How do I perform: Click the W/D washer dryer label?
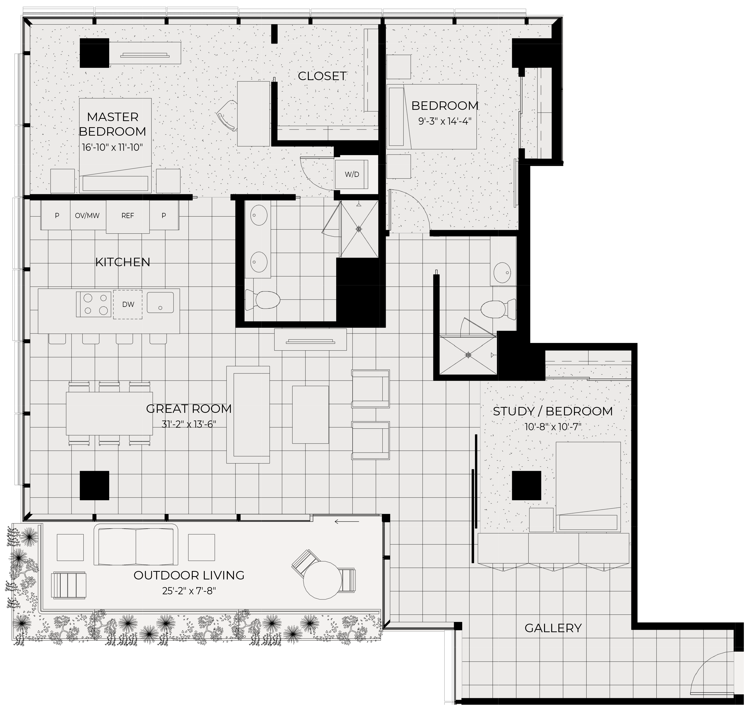click(x=352, y=175)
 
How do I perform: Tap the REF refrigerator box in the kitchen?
click(x=128, y=216)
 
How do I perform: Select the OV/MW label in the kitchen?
click(x=87, y=216)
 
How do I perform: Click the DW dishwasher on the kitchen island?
click(x=128, y=304)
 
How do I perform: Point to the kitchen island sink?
click(x=160, y=303)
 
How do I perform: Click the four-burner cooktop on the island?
click(x=94, y=304)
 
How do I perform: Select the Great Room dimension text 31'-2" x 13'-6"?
click(x=189, y=424)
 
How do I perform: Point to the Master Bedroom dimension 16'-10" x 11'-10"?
click(x=112, y=147)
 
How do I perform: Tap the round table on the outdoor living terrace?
click(x=322, y=580)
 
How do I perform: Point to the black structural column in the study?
click(x=527, y=486)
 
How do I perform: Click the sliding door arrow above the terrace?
click(x=347, y=522)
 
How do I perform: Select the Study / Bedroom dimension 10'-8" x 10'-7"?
click(x=553, y=427)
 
